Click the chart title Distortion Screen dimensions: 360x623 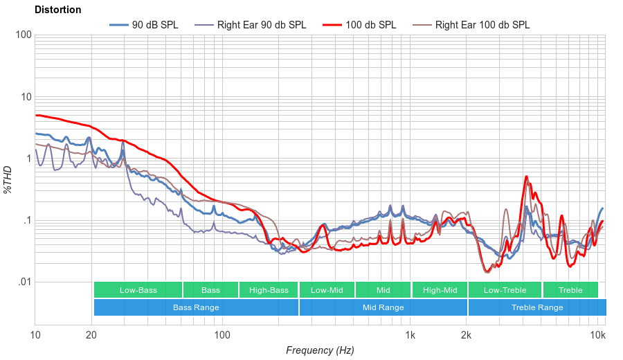57,10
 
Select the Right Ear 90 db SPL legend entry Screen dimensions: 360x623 261,25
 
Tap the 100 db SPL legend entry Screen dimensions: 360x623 370,25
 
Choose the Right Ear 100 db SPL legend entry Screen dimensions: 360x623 482,25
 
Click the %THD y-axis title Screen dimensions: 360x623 8,179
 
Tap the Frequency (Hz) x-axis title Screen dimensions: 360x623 319,350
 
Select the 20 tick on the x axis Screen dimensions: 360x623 91,335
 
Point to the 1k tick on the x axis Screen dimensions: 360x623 410,335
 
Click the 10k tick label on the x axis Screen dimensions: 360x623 598,335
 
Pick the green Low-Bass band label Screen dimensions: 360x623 138,290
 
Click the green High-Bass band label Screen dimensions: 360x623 268,290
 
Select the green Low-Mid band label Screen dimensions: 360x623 327,290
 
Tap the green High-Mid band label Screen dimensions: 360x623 440,290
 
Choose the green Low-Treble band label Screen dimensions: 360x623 505,290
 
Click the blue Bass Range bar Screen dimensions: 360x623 196,307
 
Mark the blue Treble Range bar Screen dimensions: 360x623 536,307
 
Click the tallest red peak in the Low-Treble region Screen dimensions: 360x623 527,177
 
